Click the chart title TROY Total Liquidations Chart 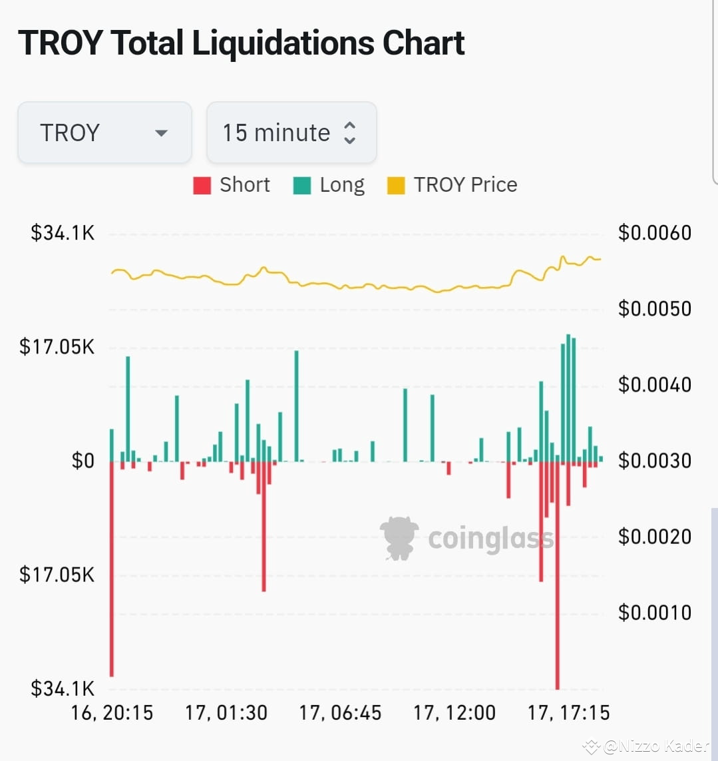point(241,43)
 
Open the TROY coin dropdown point(104,132)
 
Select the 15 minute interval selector point(291,132)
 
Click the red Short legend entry point(232,185)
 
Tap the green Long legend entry point(329,185)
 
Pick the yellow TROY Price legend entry point(452,185)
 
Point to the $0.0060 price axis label point(655,233)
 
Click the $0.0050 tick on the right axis point(655,309)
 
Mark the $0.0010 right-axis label point(655,613)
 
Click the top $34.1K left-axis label point(63,233)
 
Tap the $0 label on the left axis point(83,461)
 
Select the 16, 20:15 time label point(112,713)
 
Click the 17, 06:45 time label point(340,713)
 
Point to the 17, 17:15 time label point(568,713)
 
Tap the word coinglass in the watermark point(490,539)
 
